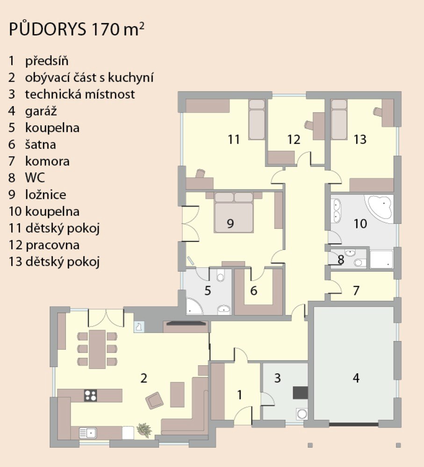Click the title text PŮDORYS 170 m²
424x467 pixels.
pyautogui.click(x=77, y=29)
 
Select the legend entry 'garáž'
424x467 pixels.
pyautogui.click(x=41, y=111)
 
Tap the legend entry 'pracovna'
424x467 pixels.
pyautogui.click(x=52, y=245)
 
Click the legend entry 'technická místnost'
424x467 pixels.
pyautogui.click(x=80, y=94)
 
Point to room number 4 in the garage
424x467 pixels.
pyautogui.click(x=356, y=378)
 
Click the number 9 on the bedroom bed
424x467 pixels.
pyautogui.click(x=230, y=223)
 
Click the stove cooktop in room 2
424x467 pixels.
pyautogui.click(x=90, y=395)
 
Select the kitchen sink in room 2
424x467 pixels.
pyautogui.click(x=88, y=433)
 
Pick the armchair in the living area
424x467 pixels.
pyautogui.click(x=154, y=400)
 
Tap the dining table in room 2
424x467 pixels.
pyautogui.click(x=97, y=349)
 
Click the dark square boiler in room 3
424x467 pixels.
pyautogui.click(x=300, y=393)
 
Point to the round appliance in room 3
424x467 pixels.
pyautogui.click(x=302, y=414)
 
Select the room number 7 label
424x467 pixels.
pyautogui.click(x=356, y=290)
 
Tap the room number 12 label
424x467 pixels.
pyautogui.click(x=294, y=139)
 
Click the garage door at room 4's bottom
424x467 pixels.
pyautogui.click(x=353, y=424)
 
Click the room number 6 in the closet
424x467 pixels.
pyautogui.click(x=253, y=290)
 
